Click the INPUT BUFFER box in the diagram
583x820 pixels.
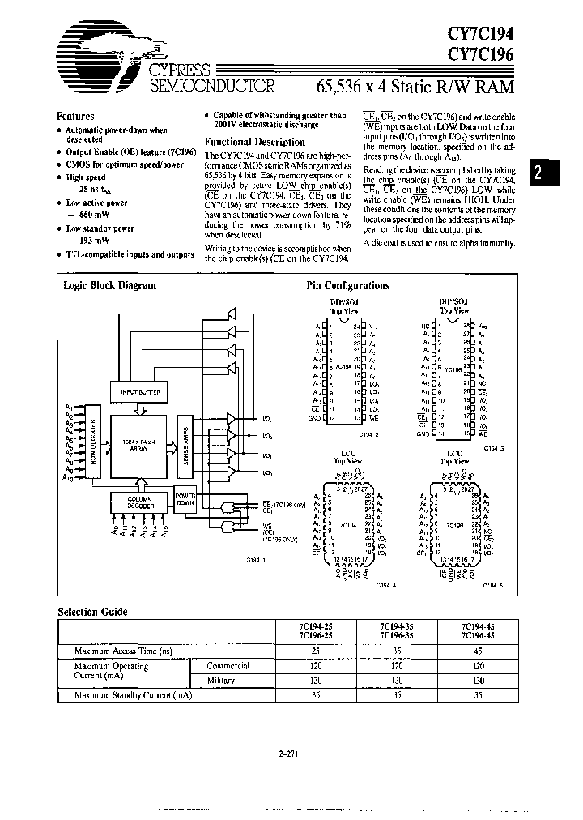click(141, 392)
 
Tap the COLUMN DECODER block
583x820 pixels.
click(141, 502)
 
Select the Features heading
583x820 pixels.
click(75, 117)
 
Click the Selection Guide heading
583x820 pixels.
click(93, 612)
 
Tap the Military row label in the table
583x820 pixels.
click(221, 681)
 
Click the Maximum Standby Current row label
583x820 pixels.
click(133, 695)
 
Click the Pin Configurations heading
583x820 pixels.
click(347, 285)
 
